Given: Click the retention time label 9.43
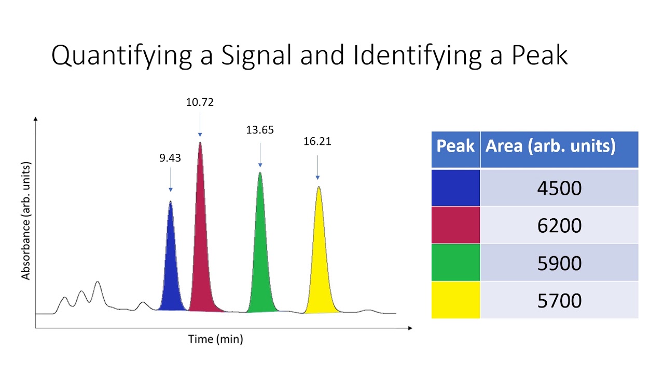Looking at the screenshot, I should click(x=170, y=158).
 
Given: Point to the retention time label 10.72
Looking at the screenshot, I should click(x=200, y=102).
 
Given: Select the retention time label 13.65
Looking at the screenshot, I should click(x=259, y=130).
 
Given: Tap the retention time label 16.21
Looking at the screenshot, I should click(x=317, y=141).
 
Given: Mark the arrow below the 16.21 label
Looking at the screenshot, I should click(x=317, y=166).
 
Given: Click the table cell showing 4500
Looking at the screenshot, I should click(x=559, y=188).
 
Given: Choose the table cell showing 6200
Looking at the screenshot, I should click(x=559, y=225).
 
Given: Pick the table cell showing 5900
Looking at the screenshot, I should click(x=559, y=263).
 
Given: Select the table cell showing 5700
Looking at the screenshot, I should click(x=559, y=300).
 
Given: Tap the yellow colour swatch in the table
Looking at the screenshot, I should click(x=455, y=300).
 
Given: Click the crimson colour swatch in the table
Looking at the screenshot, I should click(x=455, y=225).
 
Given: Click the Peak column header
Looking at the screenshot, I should click(x=455, y=146).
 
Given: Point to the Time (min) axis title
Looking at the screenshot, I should click(x=215, y=339).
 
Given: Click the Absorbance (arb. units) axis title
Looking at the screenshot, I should click(x=26, y=221).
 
